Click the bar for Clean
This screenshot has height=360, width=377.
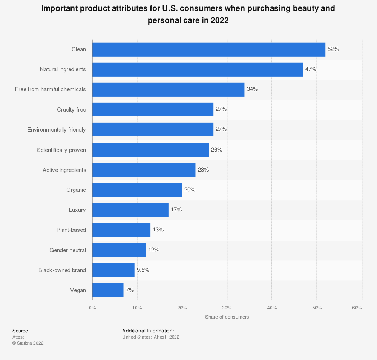[x=208, y=49]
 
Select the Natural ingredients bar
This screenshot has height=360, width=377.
[x=198, y=69]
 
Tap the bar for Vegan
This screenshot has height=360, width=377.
[x=108, y=290]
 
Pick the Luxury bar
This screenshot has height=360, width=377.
[x=130, y=210]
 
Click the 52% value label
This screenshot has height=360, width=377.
[x=333, y=49]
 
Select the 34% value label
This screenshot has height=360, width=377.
[x=252, y=89]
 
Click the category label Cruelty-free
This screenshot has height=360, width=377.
[x=71, y=110]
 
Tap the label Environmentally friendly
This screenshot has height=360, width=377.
[x=57, y=130]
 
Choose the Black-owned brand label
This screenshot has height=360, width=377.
[x=62, y=270]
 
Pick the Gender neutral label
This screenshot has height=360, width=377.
[x=67, y=250]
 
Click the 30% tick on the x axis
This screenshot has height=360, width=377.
[x=227, y=308]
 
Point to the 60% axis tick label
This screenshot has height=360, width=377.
[x=357, y=308]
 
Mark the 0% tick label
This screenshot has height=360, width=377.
[x=92, y=308]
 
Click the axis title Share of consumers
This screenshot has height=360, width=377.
[x=227, y=317]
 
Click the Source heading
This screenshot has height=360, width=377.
[x=20, y=331]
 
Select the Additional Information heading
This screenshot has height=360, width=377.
[x=148, y=331]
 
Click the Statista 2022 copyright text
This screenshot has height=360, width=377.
[x=28, y=343]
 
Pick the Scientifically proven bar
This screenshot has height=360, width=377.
[x=150, y=150]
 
